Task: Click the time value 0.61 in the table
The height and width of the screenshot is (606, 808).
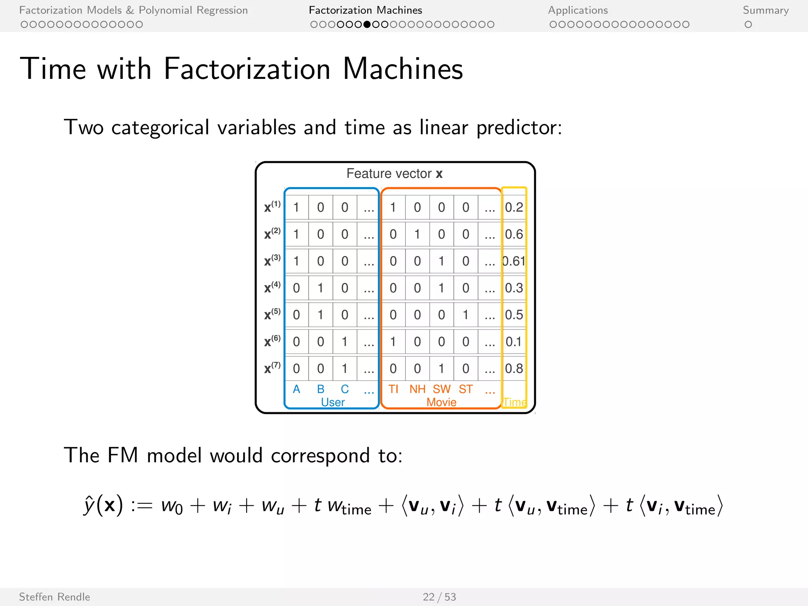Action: click(514, 261)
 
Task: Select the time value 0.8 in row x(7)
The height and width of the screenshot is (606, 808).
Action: click(514, 368)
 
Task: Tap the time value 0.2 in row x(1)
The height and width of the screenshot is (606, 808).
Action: click(514, 208)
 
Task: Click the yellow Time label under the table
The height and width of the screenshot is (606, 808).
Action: click(514, 402)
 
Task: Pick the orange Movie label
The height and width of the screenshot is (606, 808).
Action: click(441, 402)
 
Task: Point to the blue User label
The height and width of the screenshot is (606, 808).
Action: click(333, 402)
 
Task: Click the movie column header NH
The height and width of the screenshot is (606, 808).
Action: click(417, 389)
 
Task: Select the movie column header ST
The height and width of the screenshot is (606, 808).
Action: click(466, 389)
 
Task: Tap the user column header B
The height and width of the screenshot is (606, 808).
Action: click(321, 389)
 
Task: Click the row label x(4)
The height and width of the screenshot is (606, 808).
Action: click(272, 287)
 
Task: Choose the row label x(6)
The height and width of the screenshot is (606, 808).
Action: click(272, 341)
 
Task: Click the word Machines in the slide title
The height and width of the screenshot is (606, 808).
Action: click(403, 69)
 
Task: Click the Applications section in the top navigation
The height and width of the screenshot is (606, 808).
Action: click(578, 10)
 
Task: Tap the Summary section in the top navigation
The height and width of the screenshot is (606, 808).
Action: click(766, 10)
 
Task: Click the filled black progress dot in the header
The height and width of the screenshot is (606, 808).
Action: click(367, 24)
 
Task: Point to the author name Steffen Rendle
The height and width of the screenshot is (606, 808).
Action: click(54, 597)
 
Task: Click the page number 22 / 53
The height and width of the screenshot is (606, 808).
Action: click(439, 597)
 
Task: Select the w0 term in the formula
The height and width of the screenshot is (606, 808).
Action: click(172, 506)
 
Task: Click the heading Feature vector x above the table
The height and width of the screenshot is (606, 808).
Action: click(395, 174)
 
